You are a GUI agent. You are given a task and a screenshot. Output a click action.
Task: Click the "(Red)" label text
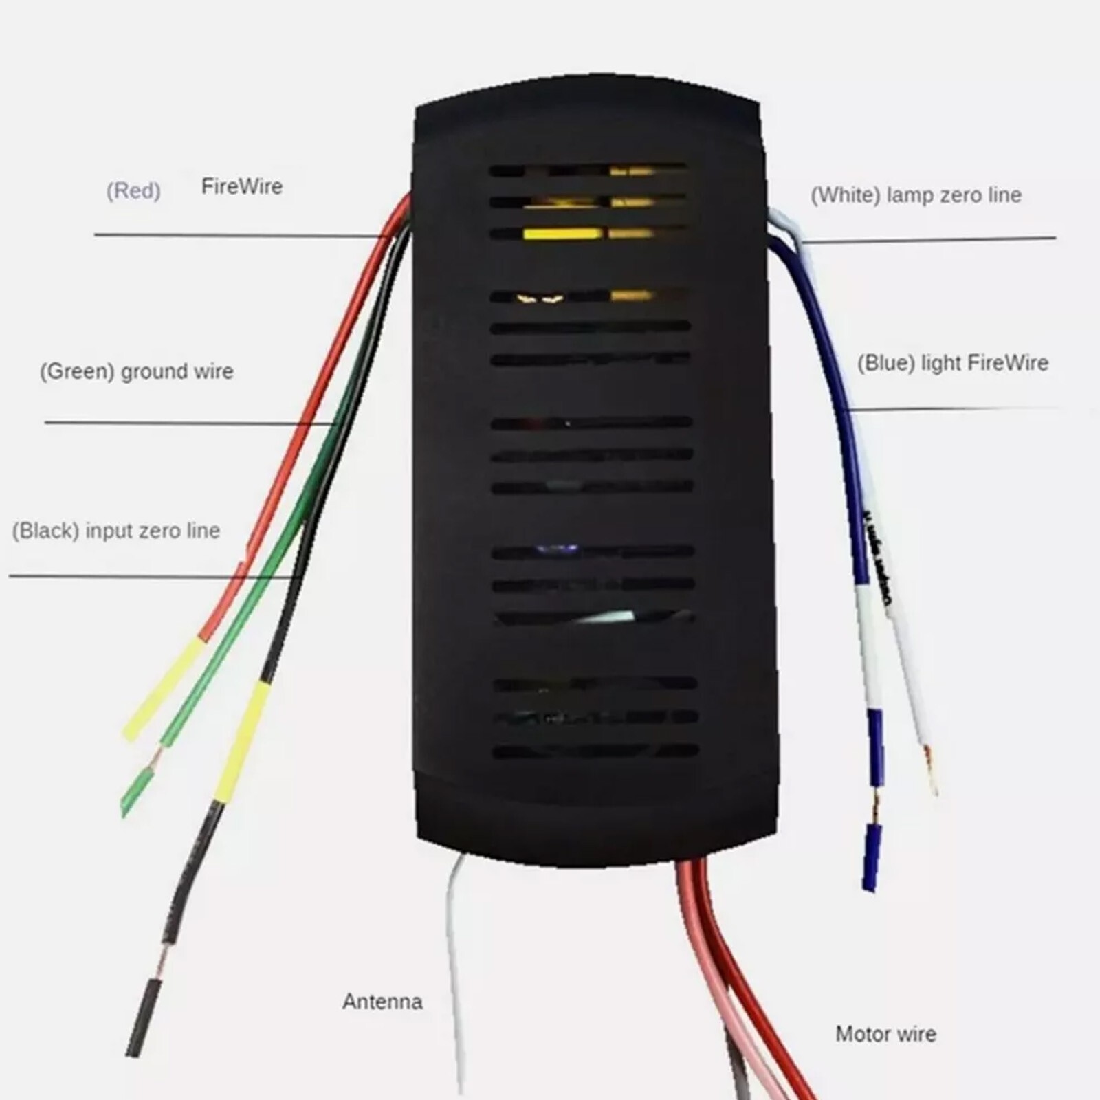pyautogui.click(x=133, y=190)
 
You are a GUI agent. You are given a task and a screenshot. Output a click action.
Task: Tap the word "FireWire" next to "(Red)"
pyautogui.click(x=242, y=186)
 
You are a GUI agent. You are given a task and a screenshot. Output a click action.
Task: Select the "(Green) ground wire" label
pyautogui.click(x=137, y=372)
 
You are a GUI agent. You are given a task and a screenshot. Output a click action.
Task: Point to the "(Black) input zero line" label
pyautogui.click(x=116, y=531)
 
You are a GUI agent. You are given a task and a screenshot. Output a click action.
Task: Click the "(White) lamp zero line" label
pyautogui.click(x=916, y=195)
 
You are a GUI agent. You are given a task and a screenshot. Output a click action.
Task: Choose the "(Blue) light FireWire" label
pyautogui.click(x=952, y=363)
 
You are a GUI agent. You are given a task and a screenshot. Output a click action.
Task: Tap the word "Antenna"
pyautogui.click(x=382, y=1002)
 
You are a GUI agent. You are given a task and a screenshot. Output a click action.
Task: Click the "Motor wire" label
pyautogui.click(x=885, y=1034)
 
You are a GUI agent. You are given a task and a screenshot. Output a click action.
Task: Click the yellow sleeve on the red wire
pyautogui.click(x=164, y=689)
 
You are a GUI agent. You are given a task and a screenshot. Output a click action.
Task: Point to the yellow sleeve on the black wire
pyautogui.click(x=241, y=742)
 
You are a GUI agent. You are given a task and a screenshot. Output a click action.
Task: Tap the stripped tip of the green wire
pyautogui.click(x=137, y=791)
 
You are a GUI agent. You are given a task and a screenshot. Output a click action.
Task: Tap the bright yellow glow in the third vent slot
pyautogui.click(x=562, y=234)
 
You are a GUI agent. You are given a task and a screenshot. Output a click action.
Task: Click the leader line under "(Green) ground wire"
pyautogui.click(x=190, y=423)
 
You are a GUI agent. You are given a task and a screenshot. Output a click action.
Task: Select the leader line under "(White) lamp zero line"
pyautogui.click(x=928, y=240)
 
